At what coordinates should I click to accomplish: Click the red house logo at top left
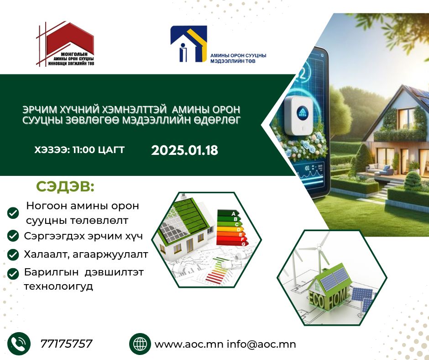click(66, 44)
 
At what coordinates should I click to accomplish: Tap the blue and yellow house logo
click(188, 44)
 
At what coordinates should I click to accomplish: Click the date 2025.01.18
click(185, 150)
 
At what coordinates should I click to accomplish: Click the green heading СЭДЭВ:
click(65, 186)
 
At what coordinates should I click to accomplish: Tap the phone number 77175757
click(67, 344)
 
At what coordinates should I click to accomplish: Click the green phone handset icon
click(19, 344)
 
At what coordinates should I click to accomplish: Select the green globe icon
click(140, 344)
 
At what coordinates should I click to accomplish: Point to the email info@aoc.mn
click(262, 344)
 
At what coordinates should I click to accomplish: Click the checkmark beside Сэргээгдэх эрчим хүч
click(13, 236)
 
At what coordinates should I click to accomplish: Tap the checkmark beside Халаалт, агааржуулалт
click(13, 254)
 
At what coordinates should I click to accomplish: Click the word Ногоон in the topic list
click(46, 206)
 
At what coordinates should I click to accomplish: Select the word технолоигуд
click(58, 286)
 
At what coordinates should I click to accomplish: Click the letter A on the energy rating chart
click(233, 213)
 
